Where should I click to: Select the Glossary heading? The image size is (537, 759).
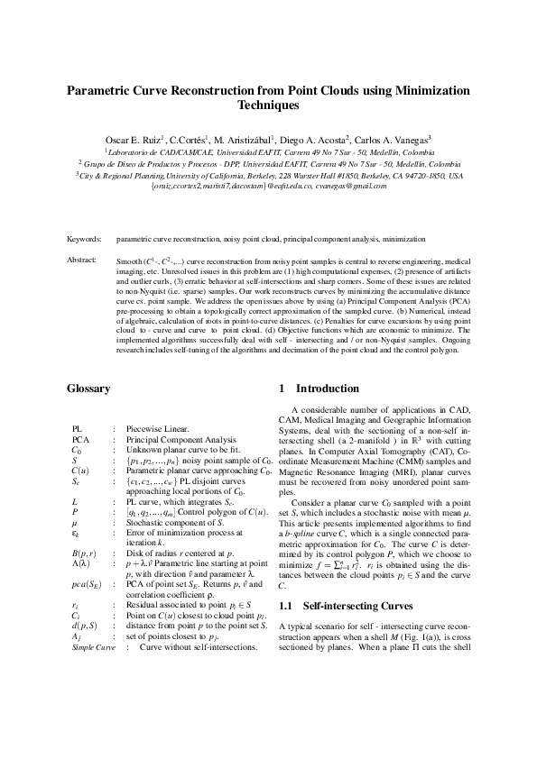point(88,389)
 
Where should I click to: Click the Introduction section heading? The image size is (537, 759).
point(322,389)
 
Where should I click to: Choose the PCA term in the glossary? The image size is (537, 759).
point(81,439)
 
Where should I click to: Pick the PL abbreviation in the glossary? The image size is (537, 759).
point(78,429)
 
